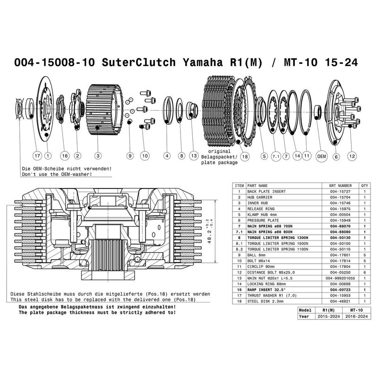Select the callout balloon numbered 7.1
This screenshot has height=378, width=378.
(x=276, y=155)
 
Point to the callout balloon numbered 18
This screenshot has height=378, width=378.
(x=244, y=155)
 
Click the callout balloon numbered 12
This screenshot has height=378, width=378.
(x=351, y=155)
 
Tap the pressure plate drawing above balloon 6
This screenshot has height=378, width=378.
(x=336, y=113)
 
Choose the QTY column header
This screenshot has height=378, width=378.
(x=364, y=185)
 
